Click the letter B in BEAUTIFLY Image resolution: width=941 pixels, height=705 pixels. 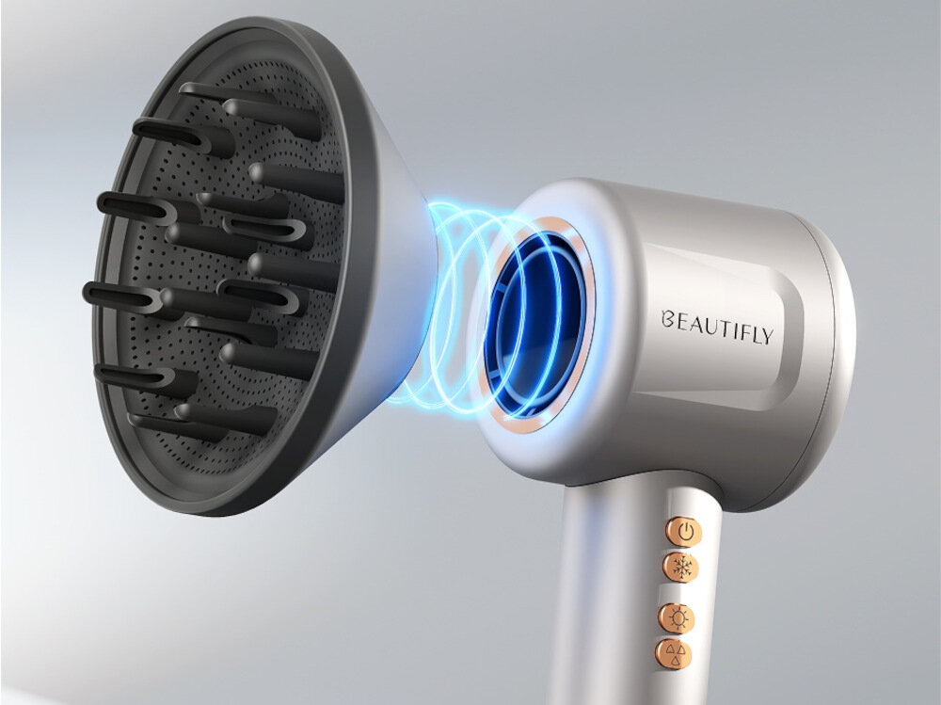[667, 319]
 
